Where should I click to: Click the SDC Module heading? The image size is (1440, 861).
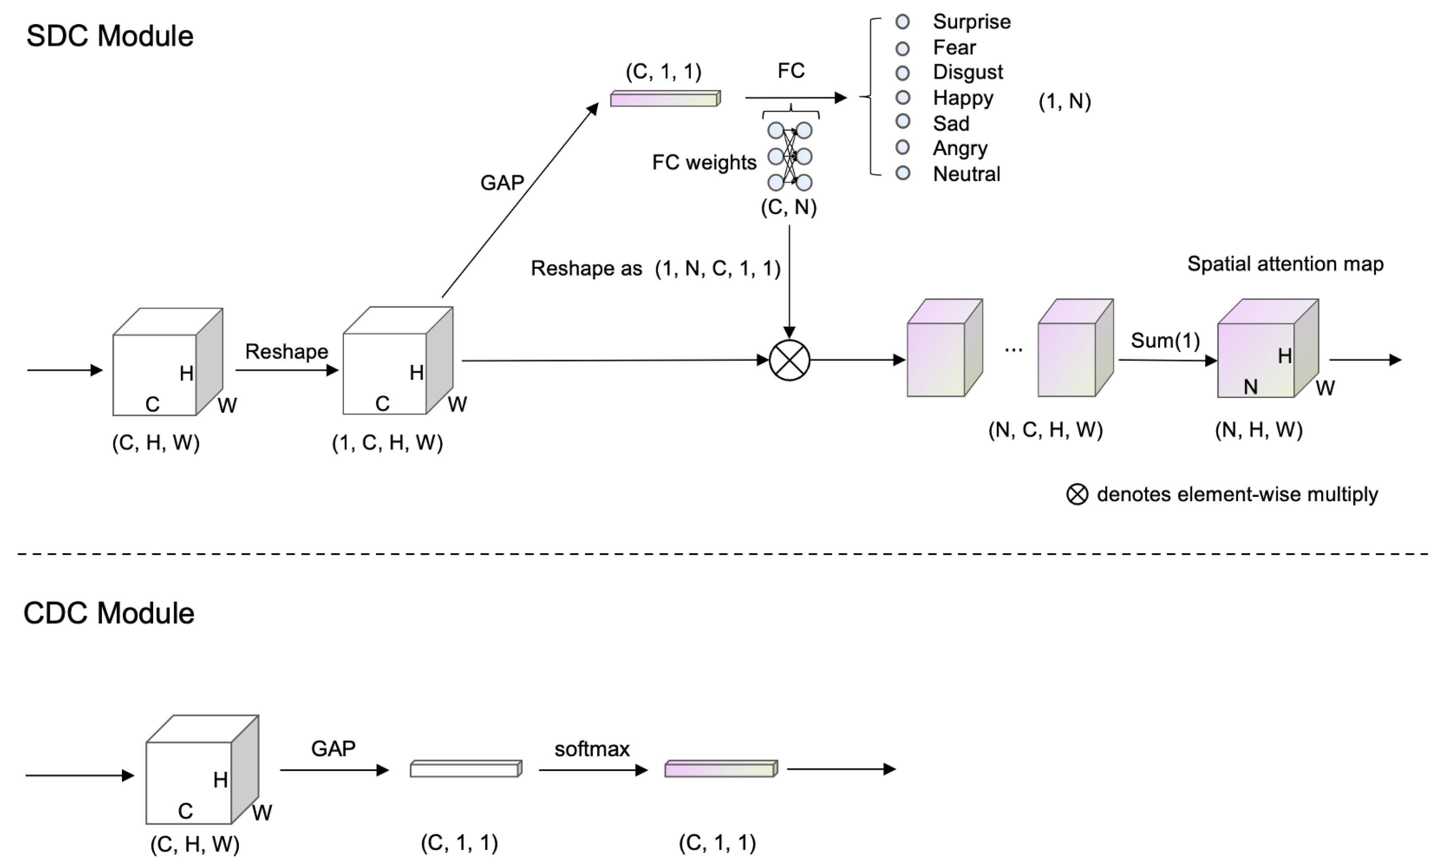point(110,36)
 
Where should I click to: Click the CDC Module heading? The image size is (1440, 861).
point(109,613)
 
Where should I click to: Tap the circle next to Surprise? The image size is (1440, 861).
point(902,22)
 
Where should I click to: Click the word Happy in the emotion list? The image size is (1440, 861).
point(963,98)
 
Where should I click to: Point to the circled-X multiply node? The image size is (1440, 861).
point(789,360)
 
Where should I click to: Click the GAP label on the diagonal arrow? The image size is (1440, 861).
point(502,183)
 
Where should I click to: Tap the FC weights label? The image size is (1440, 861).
point(704,162)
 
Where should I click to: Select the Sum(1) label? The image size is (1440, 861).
point(1165,340)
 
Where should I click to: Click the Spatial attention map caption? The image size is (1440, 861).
point(1285,264)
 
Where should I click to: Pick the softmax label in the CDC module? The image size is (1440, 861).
point(592,749)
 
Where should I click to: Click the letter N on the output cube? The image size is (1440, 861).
point(1250,387)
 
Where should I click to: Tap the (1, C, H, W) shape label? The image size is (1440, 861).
point(387,443)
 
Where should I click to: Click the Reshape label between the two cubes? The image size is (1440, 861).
point(287,351)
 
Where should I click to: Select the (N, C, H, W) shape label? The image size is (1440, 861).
point(1045,430)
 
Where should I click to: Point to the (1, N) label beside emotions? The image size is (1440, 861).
point(1064,101)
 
